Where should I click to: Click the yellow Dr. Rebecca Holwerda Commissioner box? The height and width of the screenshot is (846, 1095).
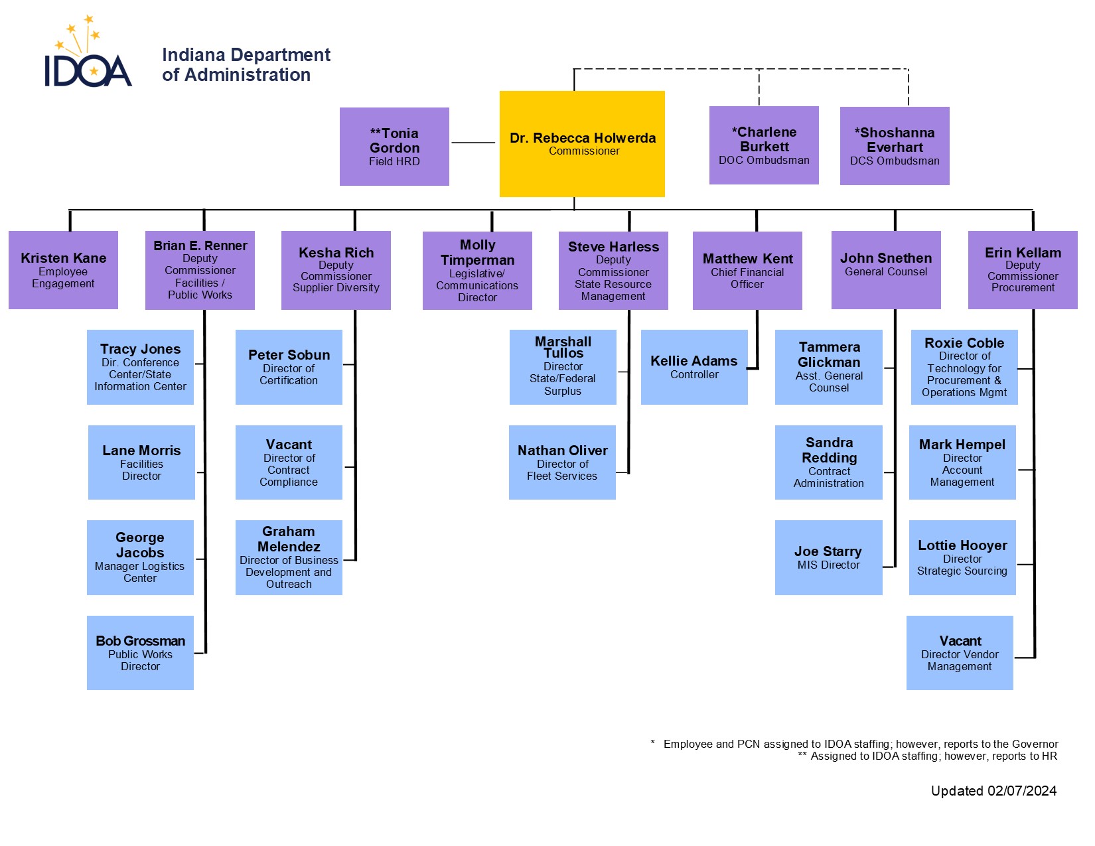click(582, 144)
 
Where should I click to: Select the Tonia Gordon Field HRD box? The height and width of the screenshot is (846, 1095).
click(394, 147)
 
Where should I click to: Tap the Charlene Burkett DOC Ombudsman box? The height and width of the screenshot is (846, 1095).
click(764, 145)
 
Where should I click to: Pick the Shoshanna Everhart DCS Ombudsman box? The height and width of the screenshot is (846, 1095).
click(895, 146)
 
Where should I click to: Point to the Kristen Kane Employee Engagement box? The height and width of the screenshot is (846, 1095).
click(63, 270)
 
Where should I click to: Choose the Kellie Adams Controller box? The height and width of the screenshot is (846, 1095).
click(694, 367)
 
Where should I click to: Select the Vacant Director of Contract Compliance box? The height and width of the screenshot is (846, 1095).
click(289, 462)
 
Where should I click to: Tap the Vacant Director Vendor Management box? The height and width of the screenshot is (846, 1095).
click(960, 653)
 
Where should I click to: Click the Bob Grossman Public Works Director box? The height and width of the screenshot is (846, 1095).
click(140, 653)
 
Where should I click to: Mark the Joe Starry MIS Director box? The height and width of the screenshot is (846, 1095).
click(828, 557)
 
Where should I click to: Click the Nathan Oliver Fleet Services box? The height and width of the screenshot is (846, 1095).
click(562, 462)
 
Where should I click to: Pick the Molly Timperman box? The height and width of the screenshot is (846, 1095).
click(477, 271)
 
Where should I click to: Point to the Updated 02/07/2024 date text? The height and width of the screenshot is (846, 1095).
click(993, 791)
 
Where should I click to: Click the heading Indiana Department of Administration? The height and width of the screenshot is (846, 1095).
click(246, 65)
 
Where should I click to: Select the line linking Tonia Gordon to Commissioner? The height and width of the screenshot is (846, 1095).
click(473, 143)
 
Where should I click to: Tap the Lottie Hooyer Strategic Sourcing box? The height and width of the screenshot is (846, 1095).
click(962, 557)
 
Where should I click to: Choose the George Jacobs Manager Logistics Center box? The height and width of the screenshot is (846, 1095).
click(140, 557)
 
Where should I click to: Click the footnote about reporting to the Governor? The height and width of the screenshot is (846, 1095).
click(860, 744)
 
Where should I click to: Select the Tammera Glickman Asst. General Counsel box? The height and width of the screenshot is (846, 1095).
click(829, 367)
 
